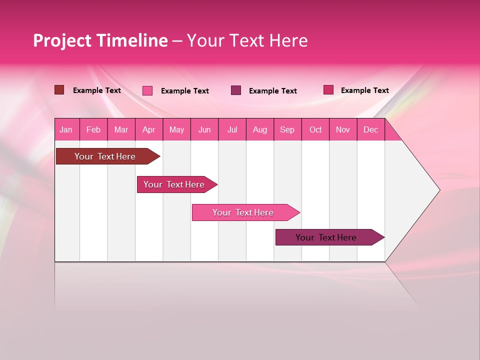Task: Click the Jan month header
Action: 66,129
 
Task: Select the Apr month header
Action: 148,129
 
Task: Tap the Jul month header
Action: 232,129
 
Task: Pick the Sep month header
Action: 287,129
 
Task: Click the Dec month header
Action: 370,129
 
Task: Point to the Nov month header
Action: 342,129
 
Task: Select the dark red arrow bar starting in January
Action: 105,156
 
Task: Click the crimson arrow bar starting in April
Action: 174,184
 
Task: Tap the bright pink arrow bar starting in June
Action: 243,212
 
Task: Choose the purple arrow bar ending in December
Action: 326,237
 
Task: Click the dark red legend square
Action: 59,90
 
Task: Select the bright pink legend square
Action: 147,90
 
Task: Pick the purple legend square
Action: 236,90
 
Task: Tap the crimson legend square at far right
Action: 328,89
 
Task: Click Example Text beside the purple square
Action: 272,90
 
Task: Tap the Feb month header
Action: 93,129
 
